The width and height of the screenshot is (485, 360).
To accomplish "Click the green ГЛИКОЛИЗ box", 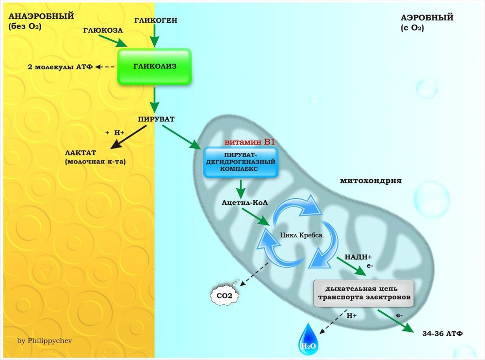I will (x=154, y=66).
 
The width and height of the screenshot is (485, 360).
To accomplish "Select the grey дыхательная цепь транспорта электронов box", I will (x=364, y=292).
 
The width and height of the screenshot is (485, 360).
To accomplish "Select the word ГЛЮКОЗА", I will (x=103, y=30).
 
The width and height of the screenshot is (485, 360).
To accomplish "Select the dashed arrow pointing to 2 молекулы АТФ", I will (x=105, y=66).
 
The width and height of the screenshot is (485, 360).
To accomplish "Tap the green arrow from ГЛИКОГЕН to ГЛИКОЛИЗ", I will (x=155, y=36).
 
